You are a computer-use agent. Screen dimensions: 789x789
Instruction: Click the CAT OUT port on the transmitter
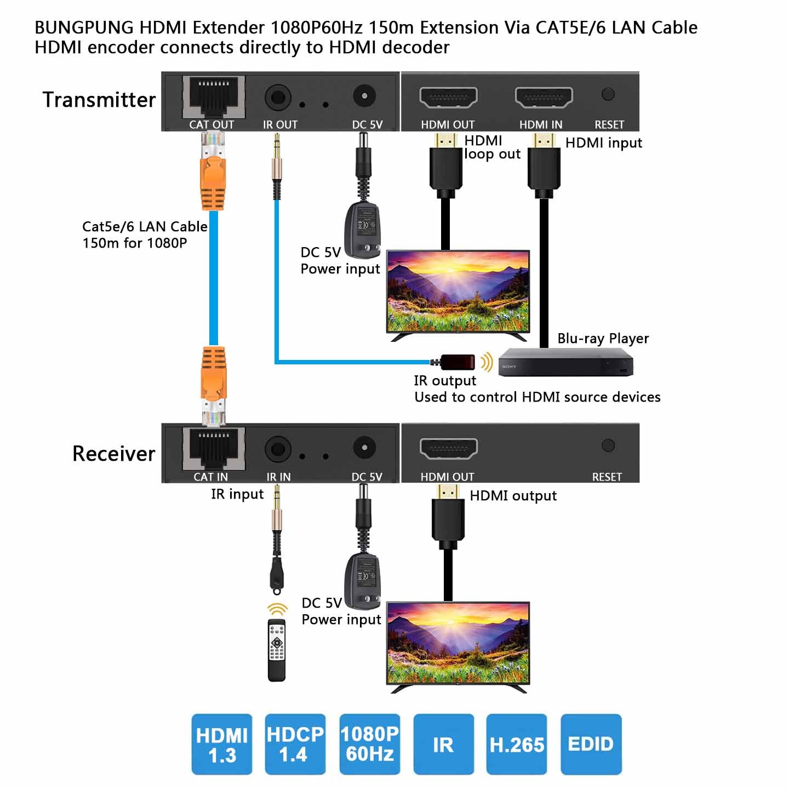213,98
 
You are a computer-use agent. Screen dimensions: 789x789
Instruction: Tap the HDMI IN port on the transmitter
544,98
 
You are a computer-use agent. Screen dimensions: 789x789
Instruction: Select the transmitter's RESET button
608,94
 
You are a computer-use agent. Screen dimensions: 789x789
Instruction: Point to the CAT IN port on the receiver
213,449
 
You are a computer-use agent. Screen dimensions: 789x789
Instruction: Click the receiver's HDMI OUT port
448,449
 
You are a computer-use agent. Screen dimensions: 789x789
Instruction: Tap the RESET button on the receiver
608,445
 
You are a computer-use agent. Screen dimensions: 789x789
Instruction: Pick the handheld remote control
277,650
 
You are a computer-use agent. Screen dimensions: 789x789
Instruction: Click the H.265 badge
517,744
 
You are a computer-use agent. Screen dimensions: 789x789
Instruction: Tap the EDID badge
591,744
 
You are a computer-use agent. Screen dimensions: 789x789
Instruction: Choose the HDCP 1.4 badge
295,744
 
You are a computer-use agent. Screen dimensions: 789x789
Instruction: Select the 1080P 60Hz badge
370,744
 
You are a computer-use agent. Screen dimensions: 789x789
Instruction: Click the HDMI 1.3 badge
222,744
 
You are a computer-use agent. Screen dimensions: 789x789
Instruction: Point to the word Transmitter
99,100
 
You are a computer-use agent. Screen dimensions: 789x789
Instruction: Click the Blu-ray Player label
603,338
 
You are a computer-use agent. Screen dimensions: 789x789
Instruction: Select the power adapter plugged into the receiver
362,578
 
